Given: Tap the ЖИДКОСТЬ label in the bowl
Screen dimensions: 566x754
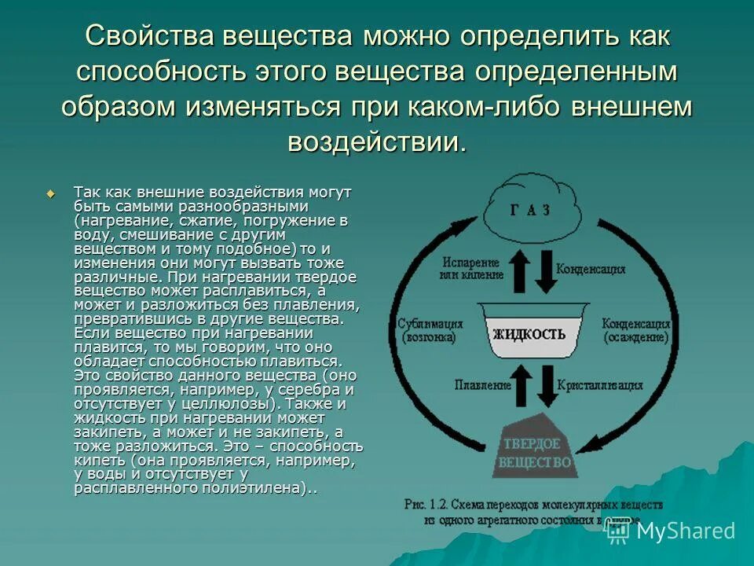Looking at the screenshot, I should (529, 333).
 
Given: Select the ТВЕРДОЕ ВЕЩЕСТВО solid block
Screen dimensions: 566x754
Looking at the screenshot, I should (532, 450).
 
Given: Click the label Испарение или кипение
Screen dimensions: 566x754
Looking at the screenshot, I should (470, 267).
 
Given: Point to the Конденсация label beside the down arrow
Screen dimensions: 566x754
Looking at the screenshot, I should (591, 269).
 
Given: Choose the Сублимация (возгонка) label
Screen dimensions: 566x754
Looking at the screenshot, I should (430, 330).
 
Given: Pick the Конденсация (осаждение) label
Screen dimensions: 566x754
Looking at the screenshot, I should (635, 330).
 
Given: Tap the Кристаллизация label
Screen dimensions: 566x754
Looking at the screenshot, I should (600, 386).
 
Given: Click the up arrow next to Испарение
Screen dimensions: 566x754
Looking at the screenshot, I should (518, 272).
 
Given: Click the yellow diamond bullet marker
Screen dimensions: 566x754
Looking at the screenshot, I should (52, 193).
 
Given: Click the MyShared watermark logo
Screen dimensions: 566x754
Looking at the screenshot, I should (671, 531).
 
